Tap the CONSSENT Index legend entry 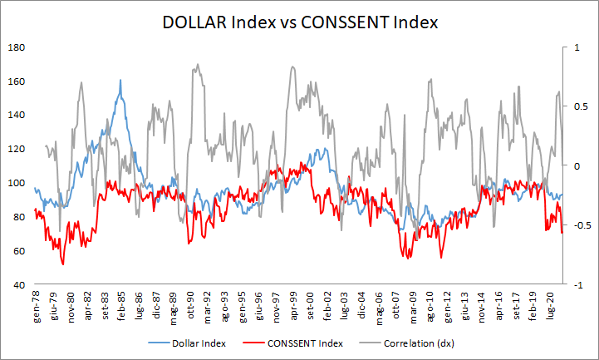299,343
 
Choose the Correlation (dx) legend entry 414,343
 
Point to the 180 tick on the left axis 15,47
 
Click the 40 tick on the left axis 17,285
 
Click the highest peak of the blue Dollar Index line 120,81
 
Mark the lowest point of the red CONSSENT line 63,264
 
